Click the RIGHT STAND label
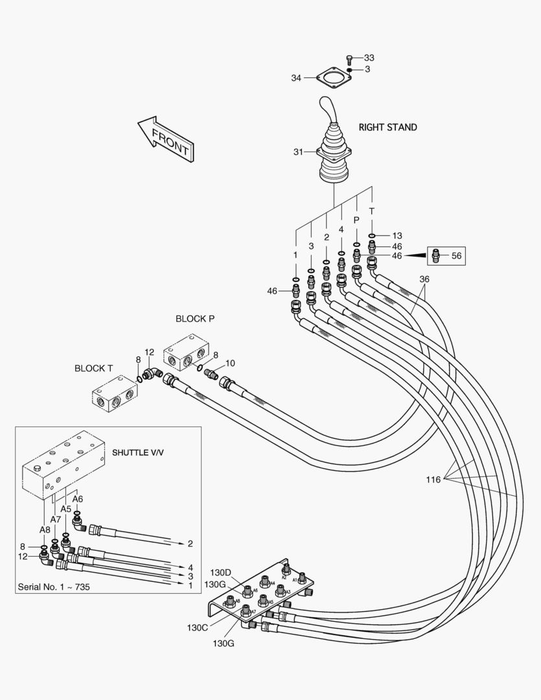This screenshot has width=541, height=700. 387,127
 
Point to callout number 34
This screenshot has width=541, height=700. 296,78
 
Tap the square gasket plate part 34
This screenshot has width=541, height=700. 332,81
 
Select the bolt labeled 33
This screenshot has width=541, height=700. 351,59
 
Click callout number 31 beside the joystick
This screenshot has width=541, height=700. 298,152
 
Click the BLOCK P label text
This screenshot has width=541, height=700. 194,319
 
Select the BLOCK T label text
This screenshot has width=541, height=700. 94,368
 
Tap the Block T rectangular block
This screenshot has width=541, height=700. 115,393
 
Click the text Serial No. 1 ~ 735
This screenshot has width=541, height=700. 53,587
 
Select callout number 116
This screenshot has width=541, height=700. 433,480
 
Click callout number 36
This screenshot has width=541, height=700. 424,279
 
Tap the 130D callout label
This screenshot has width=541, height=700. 220,572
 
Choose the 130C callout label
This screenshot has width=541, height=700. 198,627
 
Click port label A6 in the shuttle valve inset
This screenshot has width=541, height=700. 78,499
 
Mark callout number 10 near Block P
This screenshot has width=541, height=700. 230,363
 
